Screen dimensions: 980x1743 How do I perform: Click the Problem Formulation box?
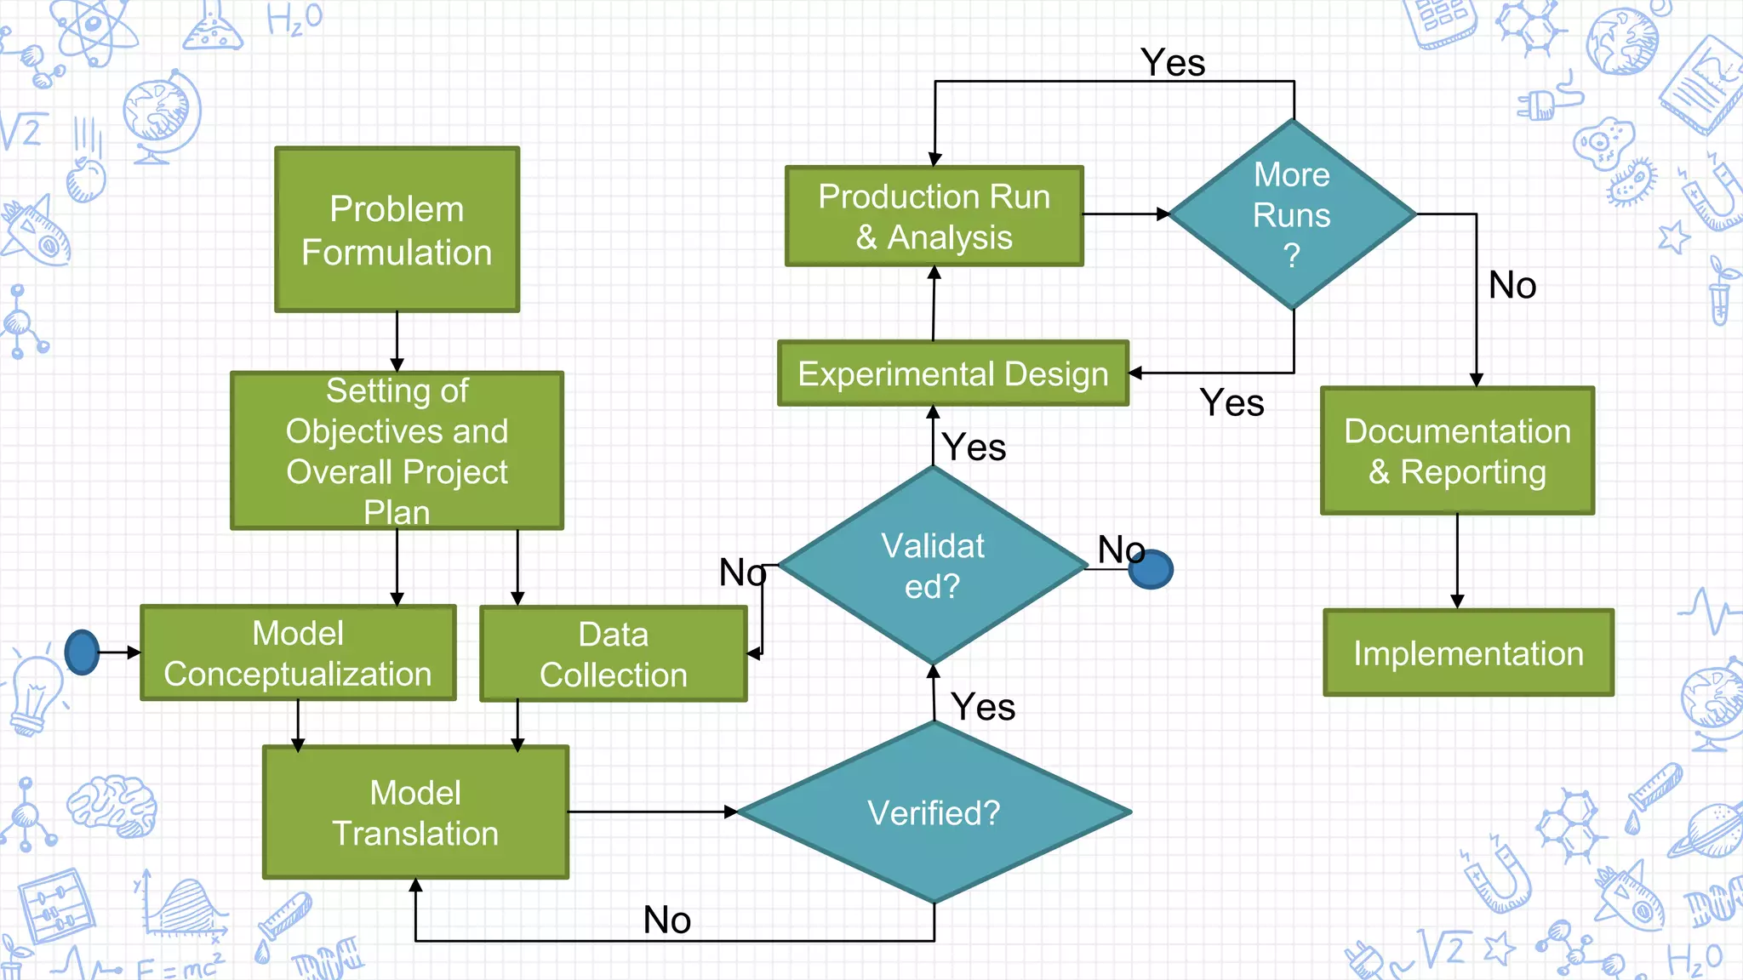(397, 230)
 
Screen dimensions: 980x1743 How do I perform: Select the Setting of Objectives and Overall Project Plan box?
(397, 450)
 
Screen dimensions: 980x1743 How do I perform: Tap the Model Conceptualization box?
(298, 652)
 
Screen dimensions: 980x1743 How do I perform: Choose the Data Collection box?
(613, 653)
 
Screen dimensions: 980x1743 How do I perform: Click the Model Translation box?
(415, 812)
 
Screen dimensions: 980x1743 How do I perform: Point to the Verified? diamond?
(934, 812)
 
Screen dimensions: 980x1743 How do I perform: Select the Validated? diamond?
(933, 566)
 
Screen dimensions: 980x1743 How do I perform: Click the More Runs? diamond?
(1292, 214)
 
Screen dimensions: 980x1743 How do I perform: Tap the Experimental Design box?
(953, 373)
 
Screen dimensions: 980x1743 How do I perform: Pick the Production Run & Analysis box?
(934, 216)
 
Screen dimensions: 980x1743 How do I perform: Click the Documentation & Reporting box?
(1457, 451)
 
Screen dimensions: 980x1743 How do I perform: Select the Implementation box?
(1468, 652)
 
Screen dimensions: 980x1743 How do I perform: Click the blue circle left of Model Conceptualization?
(83, 652)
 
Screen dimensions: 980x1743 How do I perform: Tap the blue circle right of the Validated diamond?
(1151, 569)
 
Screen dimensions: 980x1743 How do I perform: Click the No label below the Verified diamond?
(666, 920)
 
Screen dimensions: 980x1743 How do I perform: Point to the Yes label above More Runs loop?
(1173, 63)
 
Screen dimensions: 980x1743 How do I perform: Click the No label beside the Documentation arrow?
(1512, 285)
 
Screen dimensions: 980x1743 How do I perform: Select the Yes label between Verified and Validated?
(983, 707)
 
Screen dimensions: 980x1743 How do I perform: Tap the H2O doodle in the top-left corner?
(294, 19)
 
